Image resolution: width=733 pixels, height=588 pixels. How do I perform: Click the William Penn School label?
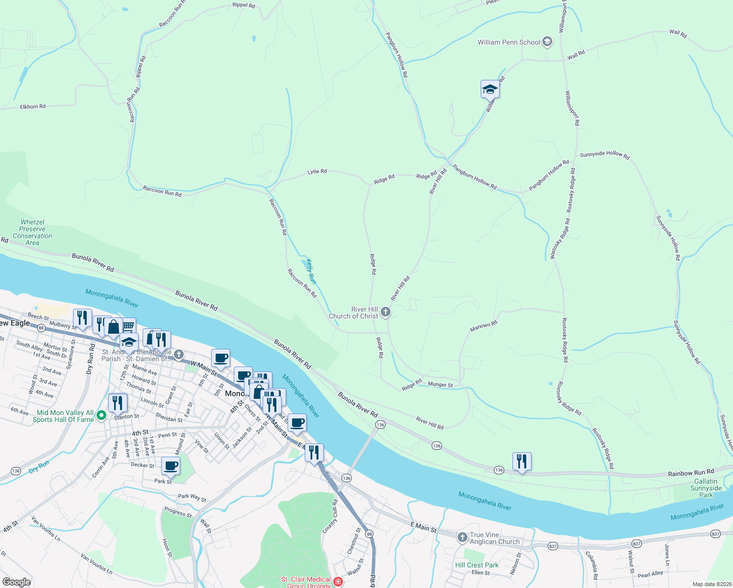coord(509,43)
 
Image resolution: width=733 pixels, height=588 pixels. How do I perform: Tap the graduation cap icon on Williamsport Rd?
coord(490,89)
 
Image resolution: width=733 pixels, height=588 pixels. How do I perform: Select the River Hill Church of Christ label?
coord(354,313)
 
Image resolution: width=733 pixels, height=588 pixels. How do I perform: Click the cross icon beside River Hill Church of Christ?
coord(386,312)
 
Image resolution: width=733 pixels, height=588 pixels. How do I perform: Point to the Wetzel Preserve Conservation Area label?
coord(32,232)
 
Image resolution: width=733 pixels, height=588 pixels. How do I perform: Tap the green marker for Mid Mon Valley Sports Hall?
coord(101,416)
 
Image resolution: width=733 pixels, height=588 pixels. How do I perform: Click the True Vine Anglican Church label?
coord(494,538)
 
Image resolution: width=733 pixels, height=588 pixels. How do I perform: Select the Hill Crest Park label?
coord(476,565)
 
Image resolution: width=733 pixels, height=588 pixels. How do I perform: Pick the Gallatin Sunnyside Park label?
coord(706,488)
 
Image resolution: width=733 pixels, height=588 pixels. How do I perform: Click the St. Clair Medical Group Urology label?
coord(306,582)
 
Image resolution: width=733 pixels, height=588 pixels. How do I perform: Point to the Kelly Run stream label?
coord(311,271)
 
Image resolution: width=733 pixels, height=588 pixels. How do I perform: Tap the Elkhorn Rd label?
coord(33,106)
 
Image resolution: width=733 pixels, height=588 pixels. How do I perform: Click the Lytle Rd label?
coord(317,171)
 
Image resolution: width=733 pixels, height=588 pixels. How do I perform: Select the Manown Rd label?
coord(484,326)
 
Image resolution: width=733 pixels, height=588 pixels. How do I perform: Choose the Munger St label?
coord(440,385)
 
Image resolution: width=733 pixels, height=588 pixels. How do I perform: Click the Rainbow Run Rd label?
coord(691,473)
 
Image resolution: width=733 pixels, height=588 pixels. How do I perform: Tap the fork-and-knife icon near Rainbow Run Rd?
coord(522,461)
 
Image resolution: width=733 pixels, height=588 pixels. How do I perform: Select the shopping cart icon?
coord(128,326)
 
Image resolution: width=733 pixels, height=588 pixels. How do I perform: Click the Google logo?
coord(16,582)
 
